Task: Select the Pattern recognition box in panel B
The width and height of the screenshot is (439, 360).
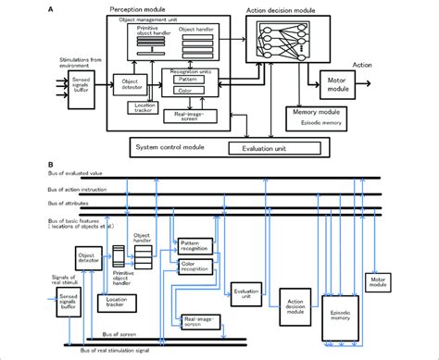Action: (x=194, y=246)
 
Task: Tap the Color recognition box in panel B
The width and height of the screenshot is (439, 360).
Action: (x=194, y=267)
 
